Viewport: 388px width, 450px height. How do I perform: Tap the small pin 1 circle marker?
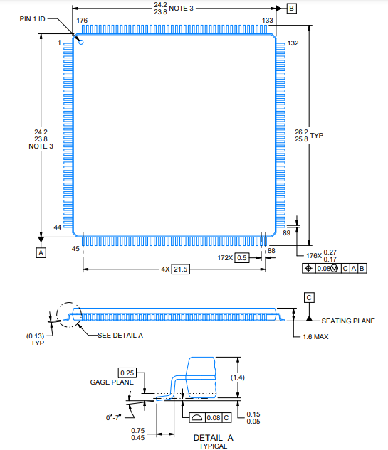[80, 43]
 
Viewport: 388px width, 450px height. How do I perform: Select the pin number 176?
[82, 21]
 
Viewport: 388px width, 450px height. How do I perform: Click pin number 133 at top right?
[268, 21]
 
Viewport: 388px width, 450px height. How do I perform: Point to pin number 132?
[293, 43]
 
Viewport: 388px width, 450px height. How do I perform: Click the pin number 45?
[76, 249]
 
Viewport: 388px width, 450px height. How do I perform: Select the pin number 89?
[287, 232]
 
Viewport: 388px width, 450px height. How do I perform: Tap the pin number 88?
[271, 250]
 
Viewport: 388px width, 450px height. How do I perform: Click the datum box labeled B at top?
[292, 8]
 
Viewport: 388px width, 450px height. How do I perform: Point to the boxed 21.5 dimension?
[181, 269]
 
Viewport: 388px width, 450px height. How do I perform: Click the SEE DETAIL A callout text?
[120, 336]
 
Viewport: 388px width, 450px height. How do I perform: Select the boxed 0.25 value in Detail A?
[127, 373]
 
